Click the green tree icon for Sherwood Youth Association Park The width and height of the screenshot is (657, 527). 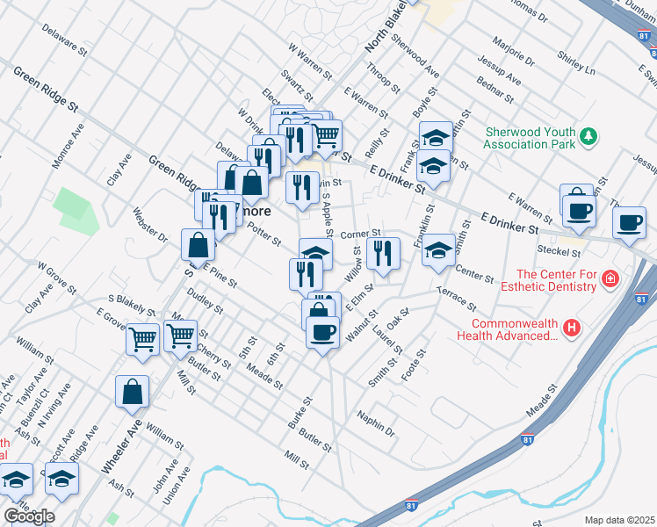click(x=589, y=137)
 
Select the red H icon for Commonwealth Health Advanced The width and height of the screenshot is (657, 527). click(x=572, y=328)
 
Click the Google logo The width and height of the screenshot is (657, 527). click(x=29, y=516)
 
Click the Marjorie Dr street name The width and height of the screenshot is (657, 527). click(x=515, y=51)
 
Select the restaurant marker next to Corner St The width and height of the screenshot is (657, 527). click(x=385, y=253)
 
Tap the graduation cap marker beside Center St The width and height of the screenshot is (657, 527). click(x=438, y=251)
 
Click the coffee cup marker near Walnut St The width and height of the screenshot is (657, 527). click(x=322, y=333)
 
